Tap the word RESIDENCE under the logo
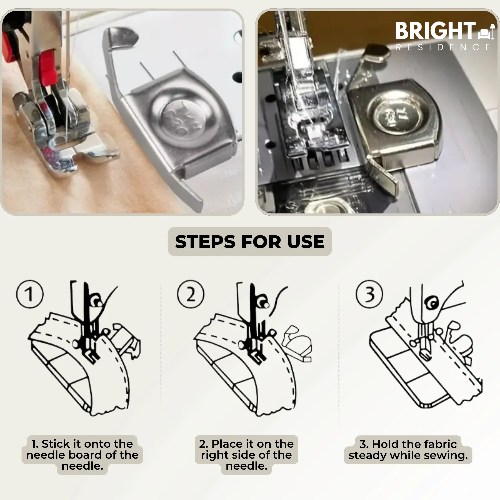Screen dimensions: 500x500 click(443, 47)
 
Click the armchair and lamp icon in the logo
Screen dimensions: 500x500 click(487, 31)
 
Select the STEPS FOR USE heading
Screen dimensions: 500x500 click(250, 242)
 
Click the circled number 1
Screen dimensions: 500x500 click(30, 294)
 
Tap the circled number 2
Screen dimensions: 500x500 click(191, 294)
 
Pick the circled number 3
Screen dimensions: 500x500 click(369, 294)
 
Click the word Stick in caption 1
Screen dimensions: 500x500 click(56, 444)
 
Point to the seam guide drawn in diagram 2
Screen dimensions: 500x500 click(297, 343)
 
